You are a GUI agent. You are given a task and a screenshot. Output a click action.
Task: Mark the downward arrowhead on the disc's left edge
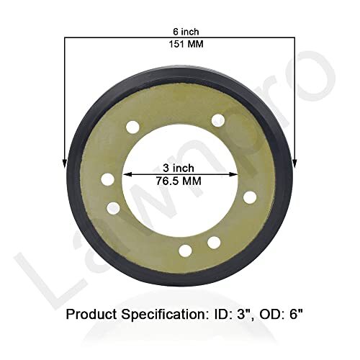coord(66,160)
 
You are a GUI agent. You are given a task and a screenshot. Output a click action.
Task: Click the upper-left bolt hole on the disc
coord(132,127)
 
